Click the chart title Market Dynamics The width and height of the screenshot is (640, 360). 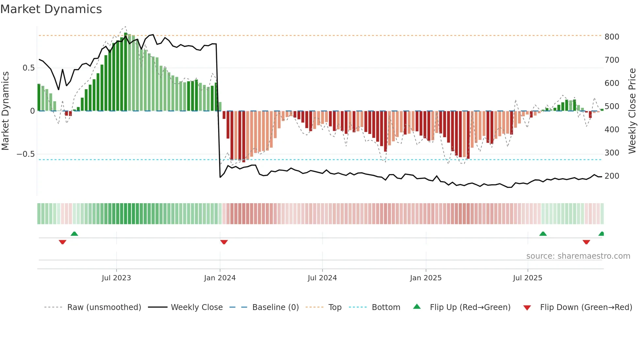(51, 9)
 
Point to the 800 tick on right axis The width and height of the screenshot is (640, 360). (612, 37)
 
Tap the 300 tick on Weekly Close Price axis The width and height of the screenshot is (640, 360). (612, 153)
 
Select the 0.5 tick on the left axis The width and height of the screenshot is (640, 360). (28, 68)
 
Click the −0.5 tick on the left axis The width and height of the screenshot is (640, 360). (26, 154)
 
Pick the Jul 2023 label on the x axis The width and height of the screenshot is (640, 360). (116, 278)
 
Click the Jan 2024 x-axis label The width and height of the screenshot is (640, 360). (220, 278)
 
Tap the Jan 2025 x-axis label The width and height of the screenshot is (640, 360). (426, 278)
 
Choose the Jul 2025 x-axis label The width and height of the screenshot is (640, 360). (527, 278)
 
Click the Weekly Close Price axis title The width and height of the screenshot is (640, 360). (632, 111)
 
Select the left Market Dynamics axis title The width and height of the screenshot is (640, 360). (6, 111)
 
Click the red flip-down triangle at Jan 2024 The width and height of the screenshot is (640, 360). (224, 242)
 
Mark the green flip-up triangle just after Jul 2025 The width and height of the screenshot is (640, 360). (543, 234)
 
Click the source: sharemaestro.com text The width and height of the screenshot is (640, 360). (578, 256)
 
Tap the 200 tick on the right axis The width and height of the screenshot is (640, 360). (612, 176)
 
